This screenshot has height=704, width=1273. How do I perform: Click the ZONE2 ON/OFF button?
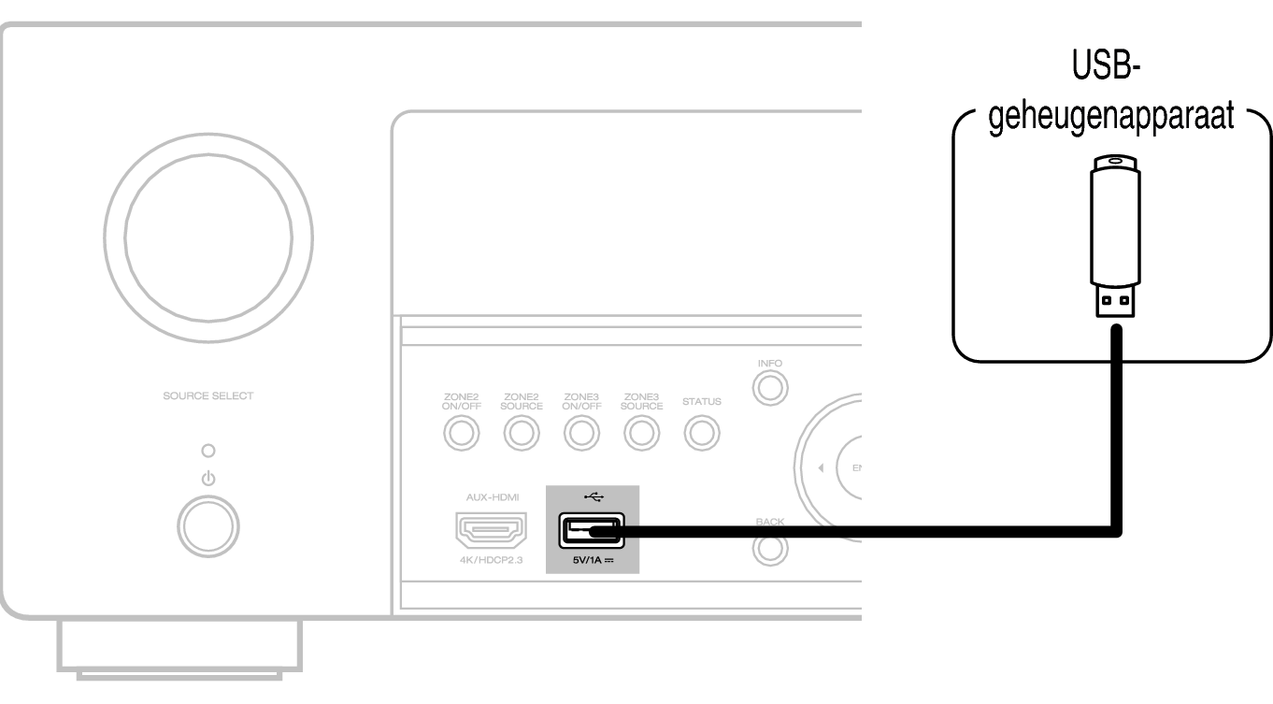click(462, 433)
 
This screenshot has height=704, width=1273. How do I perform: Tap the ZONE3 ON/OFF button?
click(580, 433)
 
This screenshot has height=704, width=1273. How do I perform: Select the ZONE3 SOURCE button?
click(641, 433)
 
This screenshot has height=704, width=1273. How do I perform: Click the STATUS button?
click(701, 433)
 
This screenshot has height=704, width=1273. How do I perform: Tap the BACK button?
click(769, 550)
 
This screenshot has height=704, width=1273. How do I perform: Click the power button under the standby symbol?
click(207, 527)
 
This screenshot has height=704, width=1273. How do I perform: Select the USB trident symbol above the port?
click(592, 496)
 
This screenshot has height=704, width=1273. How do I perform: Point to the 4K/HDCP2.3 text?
click(491, 561)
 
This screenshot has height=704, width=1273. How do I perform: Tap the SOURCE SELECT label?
click(207, 395)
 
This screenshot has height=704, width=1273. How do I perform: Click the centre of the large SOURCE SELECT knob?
click(207, 248)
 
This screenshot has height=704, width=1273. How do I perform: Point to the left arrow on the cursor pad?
click(820, 467)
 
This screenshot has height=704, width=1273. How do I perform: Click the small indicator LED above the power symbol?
click(207, 450)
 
